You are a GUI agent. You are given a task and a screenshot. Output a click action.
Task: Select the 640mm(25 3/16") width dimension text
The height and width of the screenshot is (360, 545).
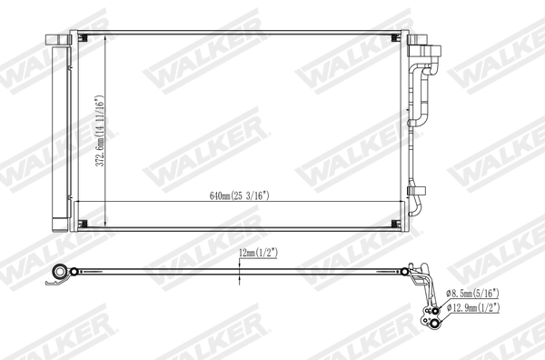click(239, 195)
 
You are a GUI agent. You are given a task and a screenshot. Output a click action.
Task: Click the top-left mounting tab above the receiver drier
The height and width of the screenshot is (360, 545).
click(57, 39)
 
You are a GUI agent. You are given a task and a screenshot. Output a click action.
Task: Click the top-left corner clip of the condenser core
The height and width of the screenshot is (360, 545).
click(84, 38)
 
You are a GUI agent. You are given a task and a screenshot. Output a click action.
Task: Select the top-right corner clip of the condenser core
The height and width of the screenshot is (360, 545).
click(395, 38)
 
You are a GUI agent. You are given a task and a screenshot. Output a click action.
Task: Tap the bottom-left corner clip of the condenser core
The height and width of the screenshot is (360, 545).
click(84, 225)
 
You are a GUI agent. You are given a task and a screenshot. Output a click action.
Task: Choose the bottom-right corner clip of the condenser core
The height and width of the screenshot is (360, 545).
click(395, 225)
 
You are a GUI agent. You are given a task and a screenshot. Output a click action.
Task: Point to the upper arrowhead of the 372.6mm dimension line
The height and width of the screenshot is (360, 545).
click(107, 38)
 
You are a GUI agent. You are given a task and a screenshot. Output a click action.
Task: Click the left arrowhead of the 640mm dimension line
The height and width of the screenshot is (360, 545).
click(75, 201)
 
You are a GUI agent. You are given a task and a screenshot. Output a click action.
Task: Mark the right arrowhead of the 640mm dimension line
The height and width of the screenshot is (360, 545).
click(402, 201)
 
